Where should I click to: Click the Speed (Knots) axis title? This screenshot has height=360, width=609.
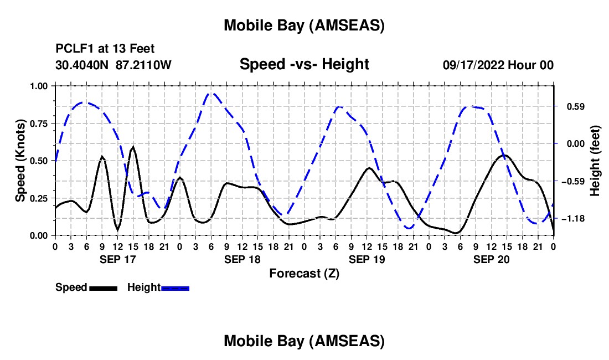[x=20, y=160]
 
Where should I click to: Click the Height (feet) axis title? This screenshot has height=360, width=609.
[x=595, y=161]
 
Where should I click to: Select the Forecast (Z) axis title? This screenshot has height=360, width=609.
[x=304, y=273]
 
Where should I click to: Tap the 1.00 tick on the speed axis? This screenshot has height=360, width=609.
[x=39, y=86]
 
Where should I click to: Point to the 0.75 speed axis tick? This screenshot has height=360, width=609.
[x=39, y=124]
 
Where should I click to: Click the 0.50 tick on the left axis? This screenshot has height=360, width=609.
[x=39, y=161]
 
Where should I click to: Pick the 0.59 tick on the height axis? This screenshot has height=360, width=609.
[x=573, y=106]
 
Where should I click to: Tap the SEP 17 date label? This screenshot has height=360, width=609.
[x=117, y=259]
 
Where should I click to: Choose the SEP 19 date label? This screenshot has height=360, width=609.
[x=367, y=259]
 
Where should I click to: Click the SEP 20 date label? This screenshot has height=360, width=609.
[x=491, y=259]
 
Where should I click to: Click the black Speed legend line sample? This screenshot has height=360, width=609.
[x=103, y=288]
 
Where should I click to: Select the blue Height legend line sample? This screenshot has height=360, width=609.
[x=175, y=288]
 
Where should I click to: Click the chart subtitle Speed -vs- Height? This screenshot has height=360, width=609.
[x=304, y=64]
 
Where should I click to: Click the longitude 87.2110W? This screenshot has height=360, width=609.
[x=144, y=65]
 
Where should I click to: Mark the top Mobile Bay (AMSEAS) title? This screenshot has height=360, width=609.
[x=304, y=25]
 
